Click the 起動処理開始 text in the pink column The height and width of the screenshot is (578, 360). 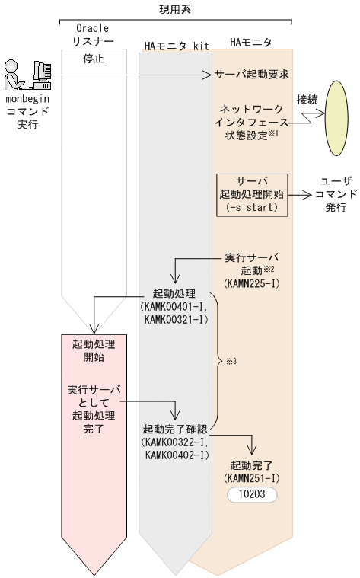(x=93, y=350)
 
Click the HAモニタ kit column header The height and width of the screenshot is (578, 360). (x=177, y=46)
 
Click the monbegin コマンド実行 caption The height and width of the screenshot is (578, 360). (x=27, y=111)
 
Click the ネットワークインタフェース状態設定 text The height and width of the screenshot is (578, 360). (x=251, y=123)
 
